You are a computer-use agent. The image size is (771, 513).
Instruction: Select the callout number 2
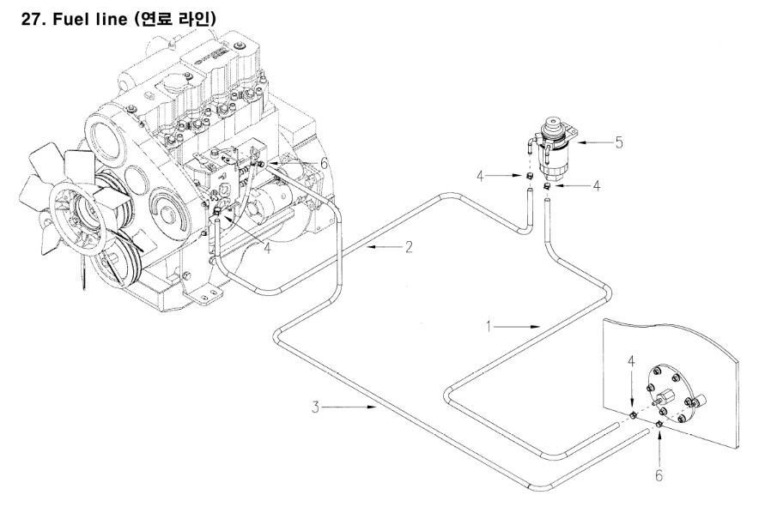(410, 247)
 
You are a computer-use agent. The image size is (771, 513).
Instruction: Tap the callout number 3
(317, 405)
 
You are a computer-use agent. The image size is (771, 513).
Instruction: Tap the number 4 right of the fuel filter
(596, 184)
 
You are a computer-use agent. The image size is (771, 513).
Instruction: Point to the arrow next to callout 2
(382, 247)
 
